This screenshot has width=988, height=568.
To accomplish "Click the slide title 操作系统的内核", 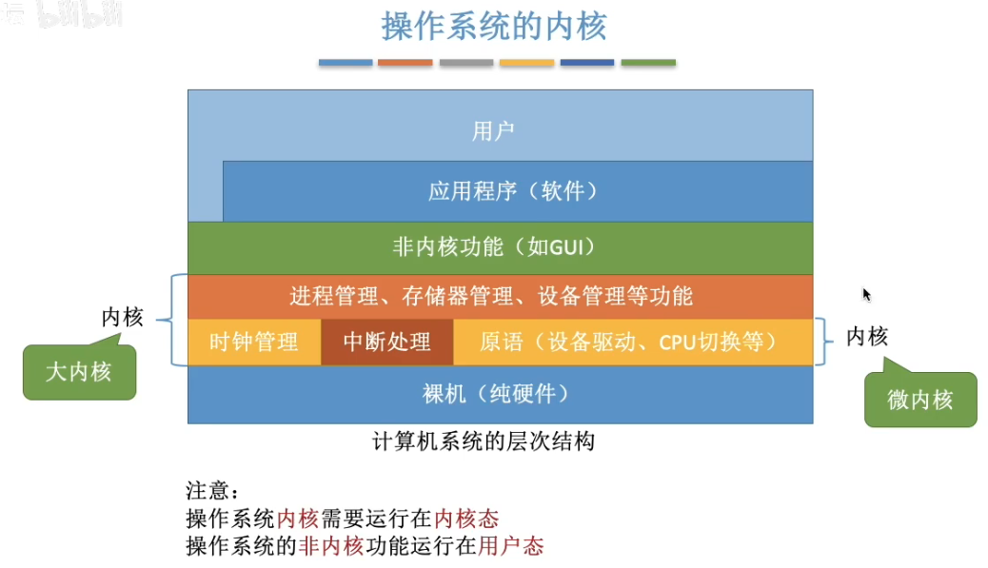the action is [x=494, y=27].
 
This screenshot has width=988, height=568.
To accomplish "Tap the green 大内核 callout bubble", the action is [x=79, y=372].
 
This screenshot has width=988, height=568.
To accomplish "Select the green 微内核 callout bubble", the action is [x=919, y=400].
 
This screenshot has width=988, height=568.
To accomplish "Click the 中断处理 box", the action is [x=386, y=342].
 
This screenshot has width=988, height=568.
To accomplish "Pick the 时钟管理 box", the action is [x=253, y=342].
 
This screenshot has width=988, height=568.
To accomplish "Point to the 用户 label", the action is [x=493, y=131].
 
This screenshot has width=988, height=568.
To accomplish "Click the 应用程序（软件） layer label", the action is [x=514, y=191].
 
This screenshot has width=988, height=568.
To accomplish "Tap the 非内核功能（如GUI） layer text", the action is [x=493, y=247].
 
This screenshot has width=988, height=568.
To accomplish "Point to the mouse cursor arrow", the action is [x=866, y=294].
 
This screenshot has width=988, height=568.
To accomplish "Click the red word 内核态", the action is [x=466, y=519].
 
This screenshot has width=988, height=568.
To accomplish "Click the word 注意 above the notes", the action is [x=207, y=492].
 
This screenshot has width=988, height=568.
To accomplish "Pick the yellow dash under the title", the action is [x=526, y=63].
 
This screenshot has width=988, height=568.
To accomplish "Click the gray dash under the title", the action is [x=466, y=63].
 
